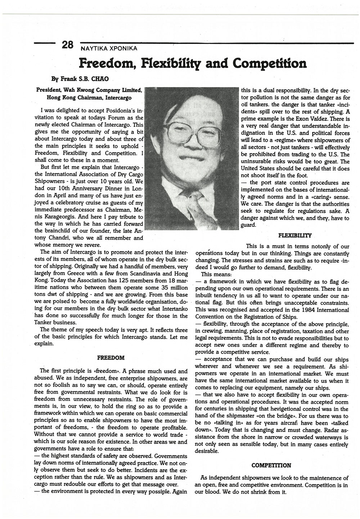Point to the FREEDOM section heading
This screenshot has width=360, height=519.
pos(111,358)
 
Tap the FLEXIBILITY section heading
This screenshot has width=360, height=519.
pos(295,235)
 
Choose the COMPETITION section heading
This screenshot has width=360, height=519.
pos(271,465)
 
